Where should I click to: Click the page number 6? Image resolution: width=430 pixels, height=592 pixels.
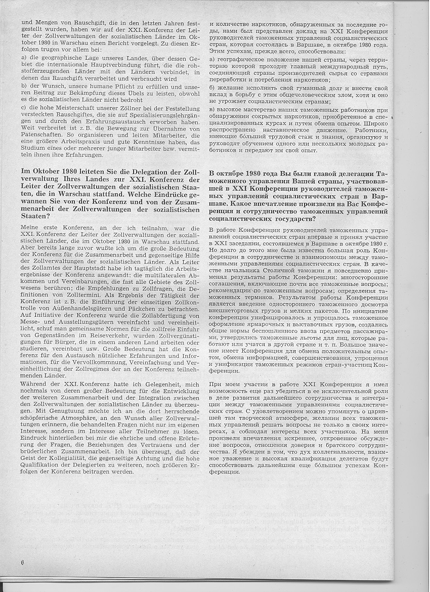coord(22,562)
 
